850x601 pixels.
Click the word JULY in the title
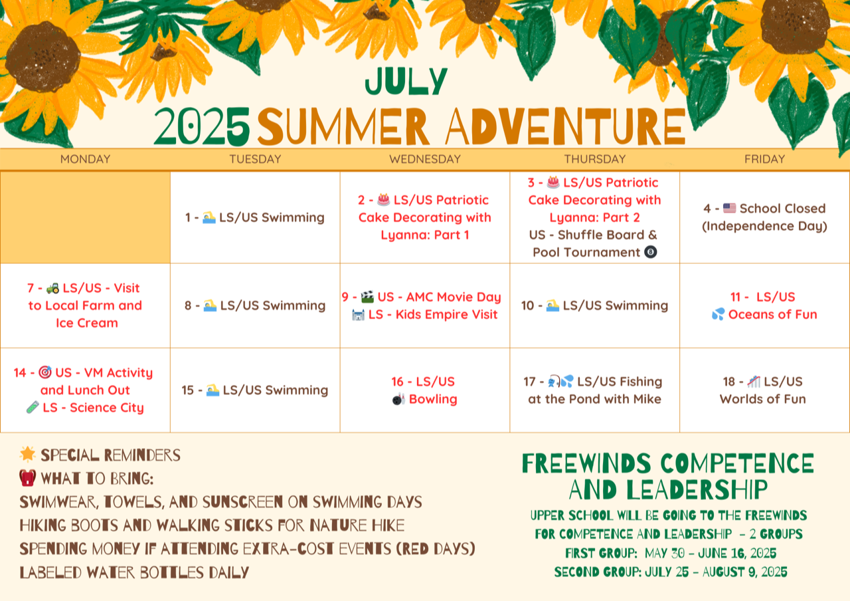click(x=406, y=81)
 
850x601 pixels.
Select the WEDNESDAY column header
click(x=425, y=159)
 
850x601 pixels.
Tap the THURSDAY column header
click(x=594, y=159)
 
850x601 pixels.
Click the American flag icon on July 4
click(x=729, y=208)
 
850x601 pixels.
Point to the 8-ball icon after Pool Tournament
click(x=650, y=252)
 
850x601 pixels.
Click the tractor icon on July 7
click(x=52, y=289)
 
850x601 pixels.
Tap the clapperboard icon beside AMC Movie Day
click(x=367, y=297)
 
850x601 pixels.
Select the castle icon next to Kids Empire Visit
click(x=358, y=314)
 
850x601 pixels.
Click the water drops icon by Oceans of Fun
click(x=718, y=314)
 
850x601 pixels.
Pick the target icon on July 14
click(x=45, y=372)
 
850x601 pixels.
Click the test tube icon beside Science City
click(x=33, y=408)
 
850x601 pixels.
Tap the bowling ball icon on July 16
click(x=399, y=400)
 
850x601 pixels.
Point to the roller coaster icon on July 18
click(x=754, y=382)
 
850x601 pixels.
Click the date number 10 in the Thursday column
click(x=527, y=305)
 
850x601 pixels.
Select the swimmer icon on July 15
click(x=212, y=390)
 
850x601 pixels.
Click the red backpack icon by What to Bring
click(x=28, y=477)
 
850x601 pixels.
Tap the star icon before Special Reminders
click(x=28, y=454)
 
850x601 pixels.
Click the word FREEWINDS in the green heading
click(x=586, y=463)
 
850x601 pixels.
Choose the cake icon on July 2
click(x=383, y=199)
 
